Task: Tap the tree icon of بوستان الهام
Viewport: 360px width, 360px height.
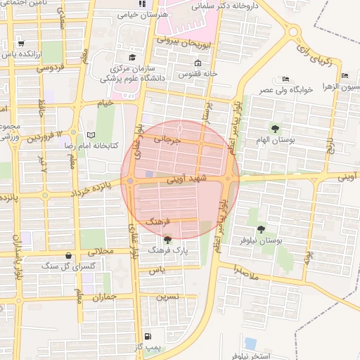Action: tap(275, 128)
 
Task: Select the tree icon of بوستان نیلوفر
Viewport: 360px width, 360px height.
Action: tap(261, 229)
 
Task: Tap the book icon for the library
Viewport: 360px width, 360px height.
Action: tap(90, 135)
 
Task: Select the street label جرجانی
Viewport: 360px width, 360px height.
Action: tap(172, 139)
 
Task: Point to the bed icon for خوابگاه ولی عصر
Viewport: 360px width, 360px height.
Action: tap(285, 79)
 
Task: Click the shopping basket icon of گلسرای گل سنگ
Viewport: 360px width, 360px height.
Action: tap(67, 256)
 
